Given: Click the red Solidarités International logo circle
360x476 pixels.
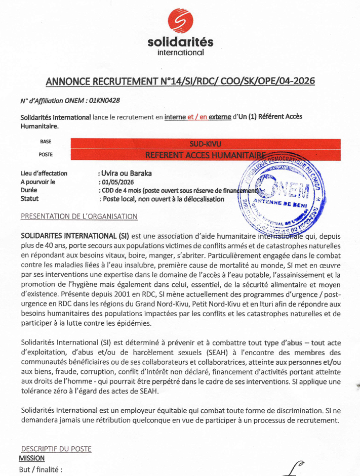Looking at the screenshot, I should coord(181,23).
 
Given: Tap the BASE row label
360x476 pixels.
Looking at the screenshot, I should coord(46,142).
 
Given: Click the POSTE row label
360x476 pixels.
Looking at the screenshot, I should coord(46,154).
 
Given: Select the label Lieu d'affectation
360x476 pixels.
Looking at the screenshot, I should coord(44,173).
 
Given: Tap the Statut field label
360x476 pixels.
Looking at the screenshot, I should coord(30,199).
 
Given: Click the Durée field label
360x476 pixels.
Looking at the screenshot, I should coord(30,190).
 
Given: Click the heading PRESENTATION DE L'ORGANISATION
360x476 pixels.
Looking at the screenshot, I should coord(78,217).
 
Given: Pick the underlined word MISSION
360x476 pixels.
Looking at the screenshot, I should coord(31,458).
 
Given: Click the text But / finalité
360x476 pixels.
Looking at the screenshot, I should coord(41,469).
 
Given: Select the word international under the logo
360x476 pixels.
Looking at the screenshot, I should coord(181,52).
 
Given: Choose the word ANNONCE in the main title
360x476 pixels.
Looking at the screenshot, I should coord(69,81).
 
